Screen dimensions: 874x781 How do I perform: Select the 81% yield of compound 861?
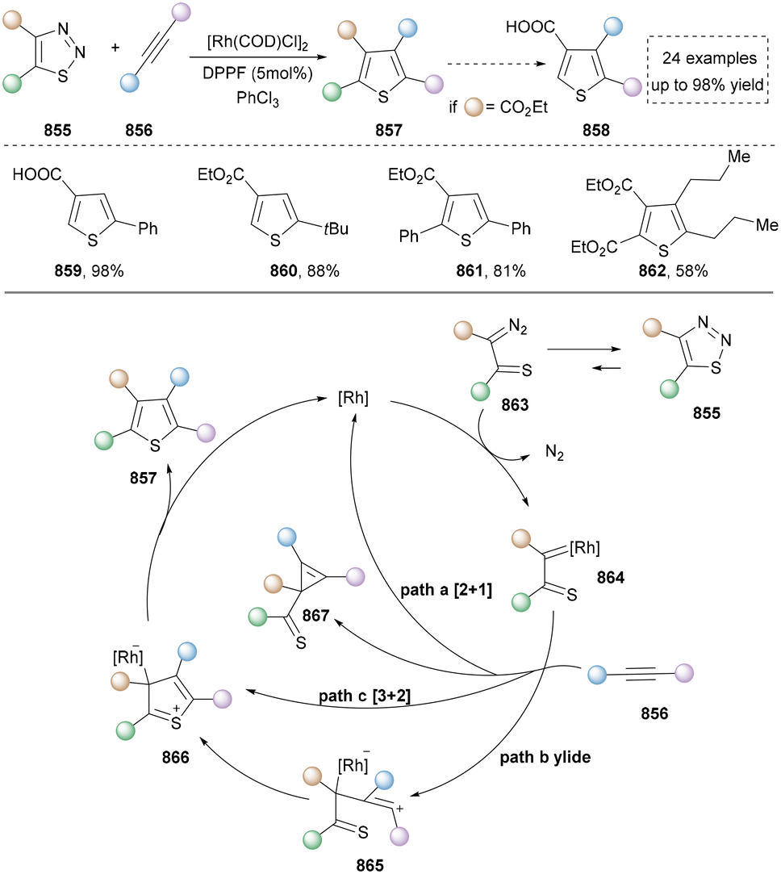tap(510, 271)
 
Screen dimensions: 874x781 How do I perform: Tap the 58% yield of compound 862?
tap(691, 271)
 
